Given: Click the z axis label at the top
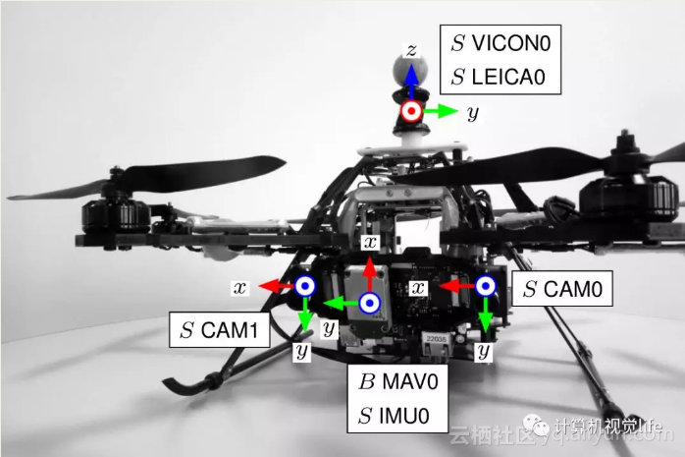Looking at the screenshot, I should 413,48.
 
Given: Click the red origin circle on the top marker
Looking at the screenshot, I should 412,112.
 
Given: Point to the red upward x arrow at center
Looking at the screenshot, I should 369,277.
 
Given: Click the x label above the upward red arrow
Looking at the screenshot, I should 369,241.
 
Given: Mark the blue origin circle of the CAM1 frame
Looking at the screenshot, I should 304,286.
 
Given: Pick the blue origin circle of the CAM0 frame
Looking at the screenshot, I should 485,286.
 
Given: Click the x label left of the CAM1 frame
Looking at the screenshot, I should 238,287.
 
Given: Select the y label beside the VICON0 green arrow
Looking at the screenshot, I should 473,114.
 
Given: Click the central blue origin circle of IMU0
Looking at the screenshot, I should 369,303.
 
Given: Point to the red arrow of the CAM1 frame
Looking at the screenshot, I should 276,286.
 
